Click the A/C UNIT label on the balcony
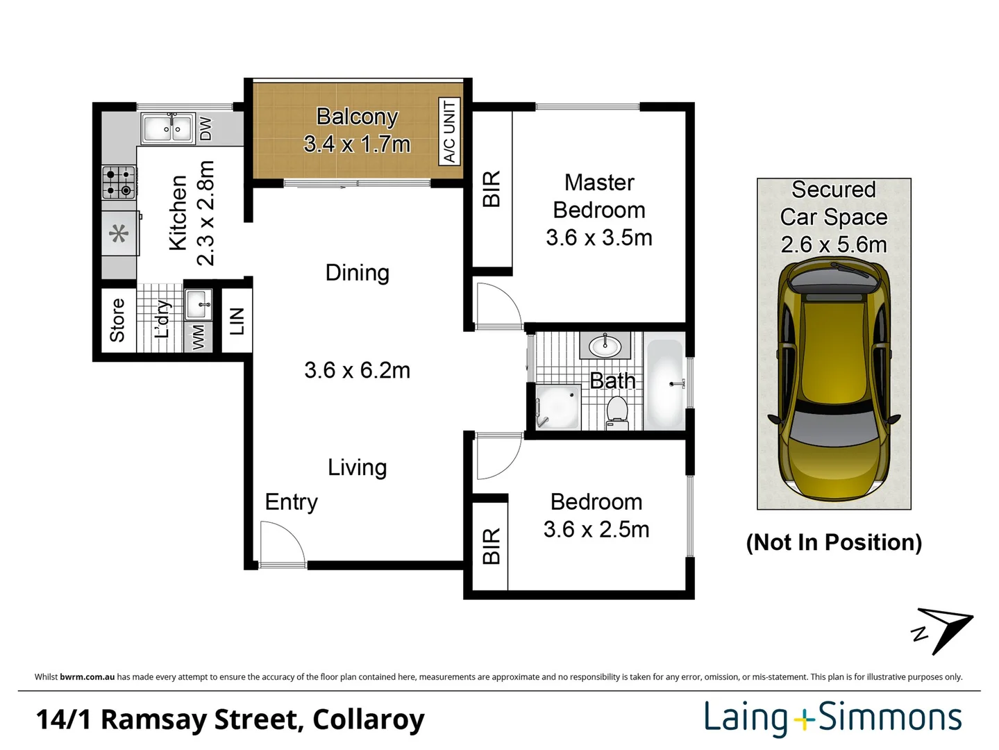pos(449,131)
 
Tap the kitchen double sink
pos(167,128)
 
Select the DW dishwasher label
pos(205,128)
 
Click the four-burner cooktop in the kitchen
pos(118,182)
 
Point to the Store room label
pos(117,320)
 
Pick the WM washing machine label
pos(199,337)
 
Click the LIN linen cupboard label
pos(237,321)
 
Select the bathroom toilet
pos(616,412)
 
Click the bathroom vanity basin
pos(605,344)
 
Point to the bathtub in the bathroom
pos(664,383)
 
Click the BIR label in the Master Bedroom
pos(491,189)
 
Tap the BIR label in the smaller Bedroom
pos(491,545)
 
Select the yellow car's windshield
pos(833,423)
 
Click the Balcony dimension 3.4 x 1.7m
pos(357,144)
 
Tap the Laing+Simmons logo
pos(832,718)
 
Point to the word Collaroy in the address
pos(368,719)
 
